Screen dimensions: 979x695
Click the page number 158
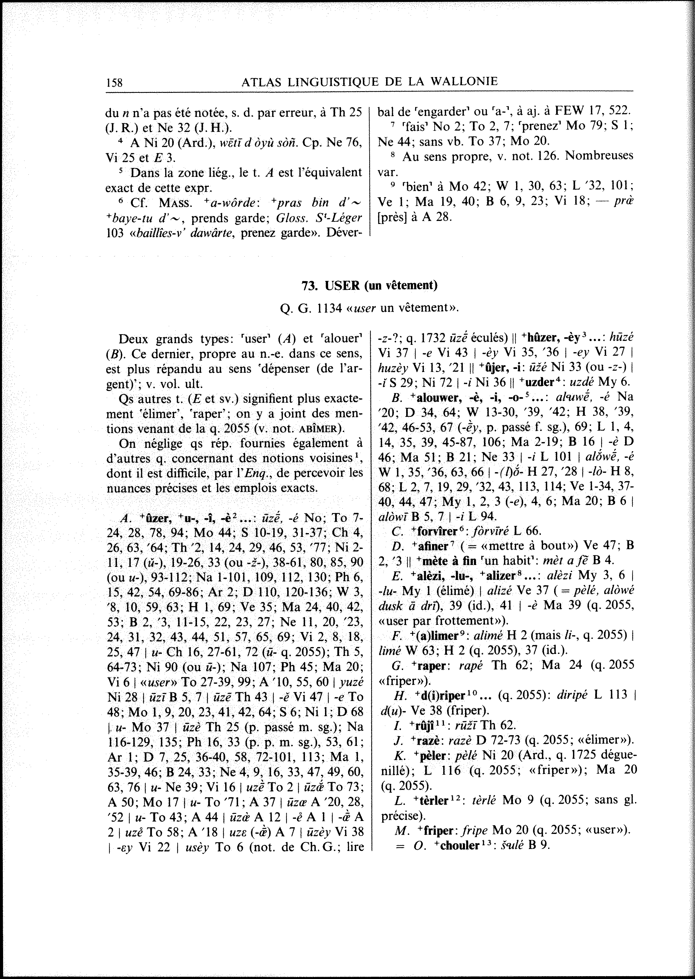point(114,82)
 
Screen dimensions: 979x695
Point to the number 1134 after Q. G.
point(332,308)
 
